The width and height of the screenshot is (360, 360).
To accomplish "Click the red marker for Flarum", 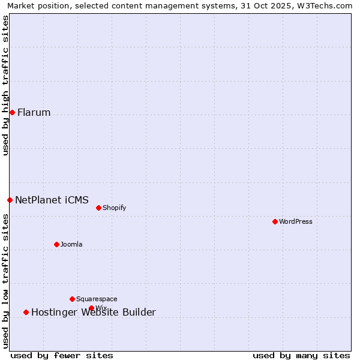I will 12,112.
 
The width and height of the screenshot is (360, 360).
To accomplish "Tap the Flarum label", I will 34,113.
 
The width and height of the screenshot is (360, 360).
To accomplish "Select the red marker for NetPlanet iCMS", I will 10,200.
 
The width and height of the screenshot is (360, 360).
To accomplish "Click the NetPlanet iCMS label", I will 52,200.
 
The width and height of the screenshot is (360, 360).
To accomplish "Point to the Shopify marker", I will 98,208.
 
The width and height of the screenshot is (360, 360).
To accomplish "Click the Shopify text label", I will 114,208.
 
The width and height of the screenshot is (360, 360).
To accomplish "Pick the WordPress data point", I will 275,221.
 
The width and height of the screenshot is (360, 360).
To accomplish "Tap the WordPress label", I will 295,222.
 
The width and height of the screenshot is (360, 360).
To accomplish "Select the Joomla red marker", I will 56,244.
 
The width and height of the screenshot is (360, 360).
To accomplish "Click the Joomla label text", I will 71,245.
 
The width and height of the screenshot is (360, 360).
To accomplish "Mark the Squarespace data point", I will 72,299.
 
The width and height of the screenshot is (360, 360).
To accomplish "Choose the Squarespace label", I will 97,299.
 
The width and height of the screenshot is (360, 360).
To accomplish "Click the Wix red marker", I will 91,308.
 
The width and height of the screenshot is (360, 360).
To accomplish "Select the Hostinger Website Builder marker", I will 26,312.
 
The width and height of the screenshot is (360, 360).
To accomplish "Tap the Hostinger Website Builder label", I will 94,313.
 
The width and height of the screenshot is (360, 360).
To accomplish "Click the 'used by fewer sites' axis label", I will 62,355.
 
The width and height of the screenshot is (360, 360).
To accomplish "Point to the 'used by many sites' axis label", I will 301,355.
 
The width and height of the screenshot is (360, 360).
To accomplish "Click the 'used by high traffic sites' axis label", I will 6,85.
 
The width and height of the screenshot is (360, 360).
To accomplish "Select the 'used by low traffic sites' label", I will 6,281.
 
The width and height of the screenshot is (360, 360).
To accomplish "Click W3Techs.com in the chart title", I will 326,5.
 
